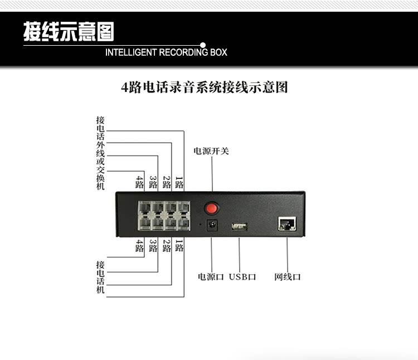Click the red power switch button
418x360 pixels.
point(211,208)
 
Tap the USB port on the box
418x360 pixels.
point(239,226)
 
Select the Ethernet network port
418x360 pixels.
point(286,225)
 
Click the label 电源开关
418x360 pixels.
point(211,151)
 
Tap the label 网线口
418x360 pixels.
point(288,276)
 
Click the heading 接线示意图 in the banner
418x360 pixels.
point(69,32)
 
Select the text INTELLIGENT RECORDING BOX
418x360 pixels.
point(166,53)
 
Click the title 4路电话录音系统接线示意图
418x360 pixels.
point(205,87)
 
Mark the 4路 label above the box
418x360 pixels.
point(139,182)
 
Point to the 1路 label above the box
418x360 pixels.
point(179,182)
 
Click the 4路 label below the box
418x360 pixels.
point(139,246)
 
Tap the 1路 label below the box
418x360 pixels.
point(179,246)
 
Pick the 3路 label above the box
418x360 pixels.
point(153,182)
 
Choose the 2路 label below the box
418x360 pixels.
point(166,246)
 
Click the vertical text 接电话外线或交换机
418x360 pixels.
point(100,153)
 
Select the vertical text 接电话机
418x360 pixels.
point(100,278)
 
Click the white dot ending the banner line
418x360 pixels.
point(203,44)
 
